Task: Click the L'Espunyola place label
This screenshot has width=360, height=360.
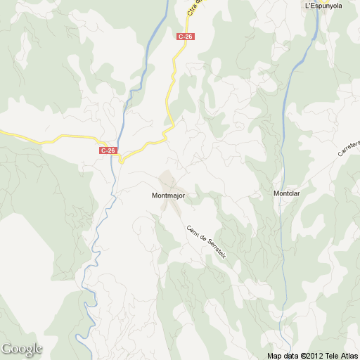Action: pos(323,6)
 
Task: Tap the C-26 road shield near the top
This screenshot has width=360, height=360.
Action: pos(186,36)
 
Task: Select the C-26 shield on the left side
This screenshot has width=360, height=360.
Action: pos(108,150)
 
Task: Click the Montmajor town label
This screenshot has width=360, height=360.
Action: pos(167,195)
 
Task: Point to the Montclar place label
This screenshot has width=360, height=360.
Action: pos(286,193)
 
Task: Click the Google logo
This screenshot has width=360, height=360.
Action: pos(22,349)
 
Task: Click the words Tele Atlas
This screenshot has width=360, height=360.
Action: pos(340,356)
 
